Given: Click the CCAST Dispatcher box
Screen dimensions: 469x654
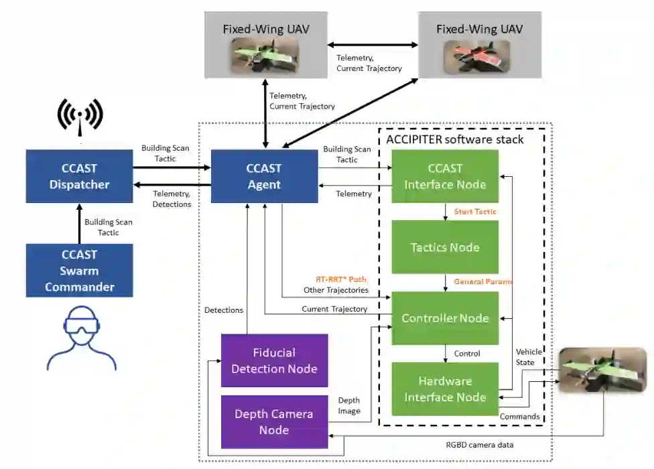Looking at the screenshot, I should [x=79, y=176].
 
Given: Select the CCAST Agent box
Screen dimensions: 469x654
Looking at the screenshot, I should [x=264, y=176].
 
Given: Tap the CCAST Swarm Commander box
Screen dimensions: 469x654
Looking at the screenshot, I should [x=79, y=271].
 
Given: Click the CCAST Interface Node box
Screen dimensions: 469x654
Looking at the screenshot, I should [x=445, y=176].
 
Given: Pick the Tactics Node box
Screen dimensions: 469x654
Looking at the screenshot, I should [x=445, y=247].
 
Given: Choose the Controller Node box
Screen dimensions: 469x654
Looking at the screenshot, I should [x=445, y=318].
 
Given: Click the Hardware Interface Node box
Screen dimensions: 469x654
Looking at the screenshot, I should [x=445, y=389].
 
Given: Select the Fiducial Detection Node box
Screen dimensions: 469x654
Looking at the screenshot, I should [x=274, y=360].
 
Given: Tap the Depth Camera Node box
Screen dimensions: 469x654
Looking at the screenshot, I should [x=274, y=421].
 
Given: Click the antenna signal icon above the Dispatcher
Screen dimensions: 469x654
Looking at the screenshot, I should [x=80, y=115].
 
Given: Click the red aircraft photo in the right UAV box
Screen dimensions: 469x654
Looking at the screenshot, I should [x=480, y=56].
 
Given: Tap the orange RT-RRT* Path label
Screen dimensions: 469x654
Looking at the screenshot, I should [x=342, y=279].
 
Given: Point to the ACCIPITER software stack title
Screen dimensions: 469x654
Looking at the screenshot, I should [x=455, y=139].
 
